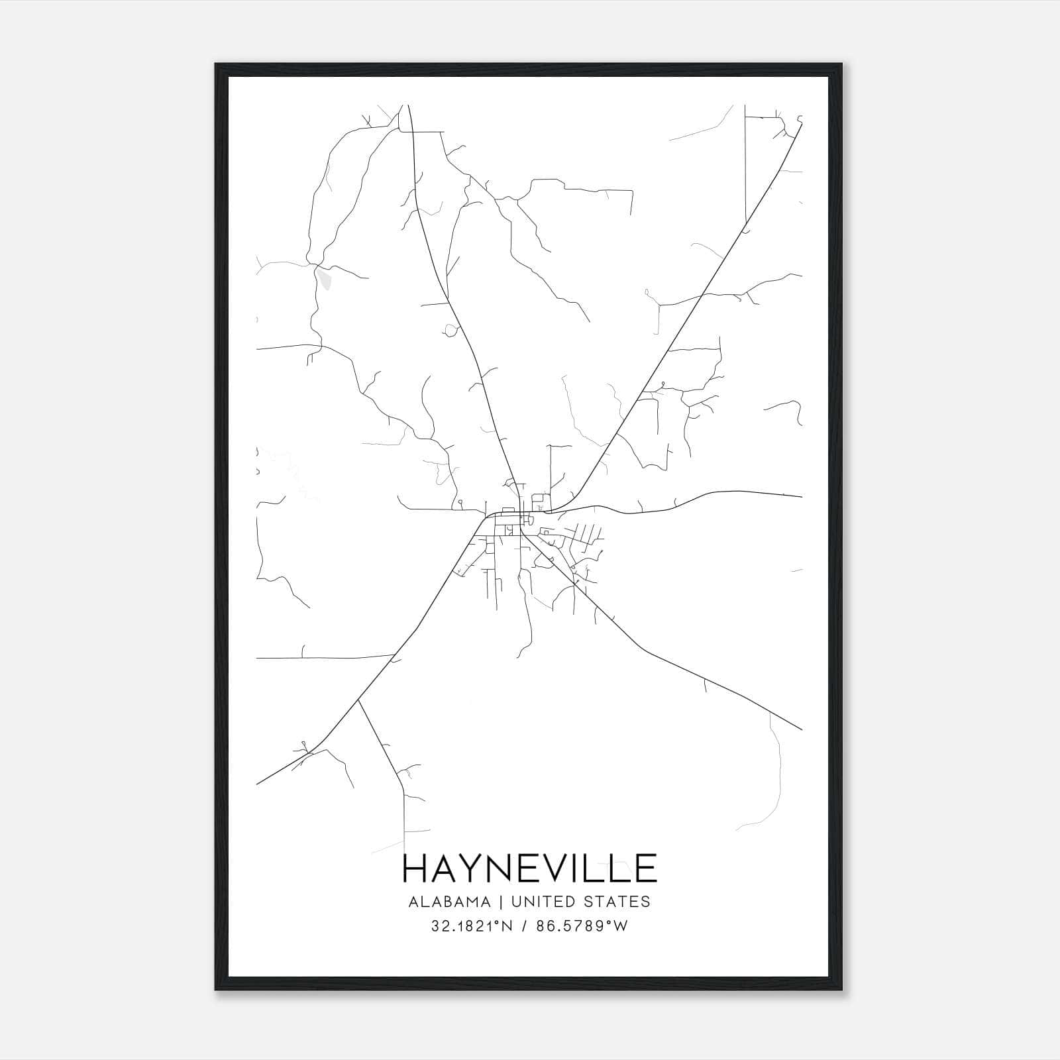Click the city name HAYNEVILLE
coord(529,869)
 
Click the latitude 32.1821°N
coord(471,927)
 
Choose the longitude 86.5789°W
coord(584,927)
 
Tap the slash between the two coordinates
coord(523,927)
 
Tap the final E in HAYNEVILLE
coord(645,869)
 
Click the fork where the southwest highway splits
coord(358,700)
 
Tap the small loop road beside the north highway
coord(452,329)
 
